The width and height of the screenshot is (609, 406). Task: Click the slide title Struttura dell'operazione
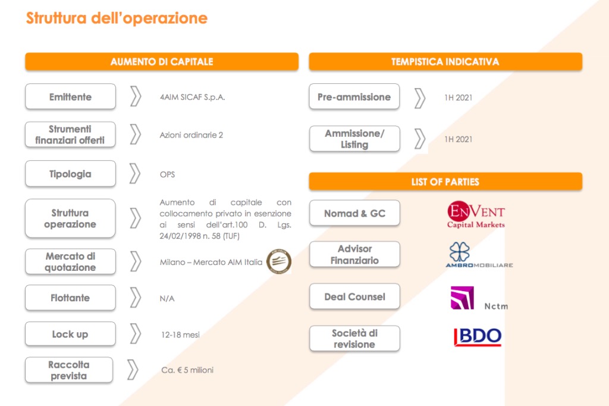point(117,18)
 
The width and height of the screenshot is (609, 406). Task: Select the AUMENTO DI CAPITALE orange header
point(162,62)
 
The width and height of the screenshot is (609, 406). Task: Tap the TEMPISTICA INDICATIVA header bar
point(445,62)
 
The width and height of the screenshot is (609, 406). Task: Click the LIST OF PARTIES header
point(445,182)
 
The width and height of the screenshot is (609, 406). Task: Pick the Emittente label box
point(70,96)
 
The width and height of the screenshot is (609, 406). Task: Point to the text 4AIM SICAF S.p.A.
point(192,97)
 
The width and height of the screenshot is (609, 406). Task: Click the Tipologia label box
point(70,174)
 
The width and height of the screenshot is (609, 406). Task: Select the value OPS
point(167,174)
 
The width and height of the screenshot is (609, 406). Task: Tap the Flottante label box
point(70,298)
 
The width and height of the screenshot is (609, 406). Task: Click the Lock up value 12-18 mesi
point(180,335)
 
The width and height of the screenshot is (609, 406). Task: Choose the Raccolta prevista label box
point(69,370)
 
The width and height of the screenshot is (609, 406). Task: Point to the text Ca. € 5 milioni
point(187,370)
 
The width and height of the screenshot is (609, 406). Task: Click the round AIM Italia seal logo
point(278,261)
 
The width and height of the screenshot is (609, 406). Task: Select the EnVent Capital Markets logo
point(476,216)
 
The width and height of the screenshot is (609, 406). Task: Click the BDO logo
point(478,337)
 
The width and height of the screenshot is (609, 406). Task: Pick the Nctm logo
point(479,299)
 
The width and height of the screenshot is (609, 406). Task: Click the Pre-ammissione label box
point(354,96)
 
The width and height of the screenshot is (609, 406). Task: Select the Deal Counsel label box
point(354,296)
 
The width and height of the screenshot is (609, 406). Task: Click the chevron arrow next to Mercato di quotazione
point(136,261)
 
